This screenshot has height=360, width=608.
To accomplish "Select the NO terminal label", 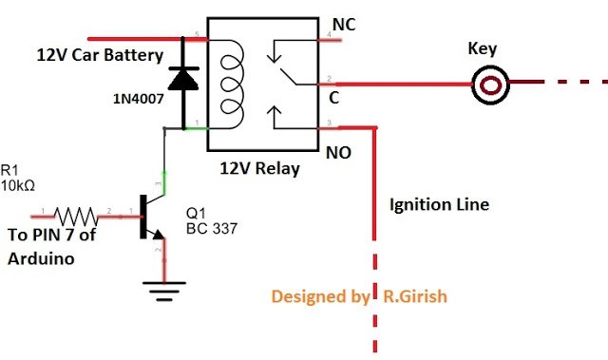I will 344,151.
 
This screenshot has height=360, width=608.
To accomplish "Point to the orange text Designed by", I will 320,296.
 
